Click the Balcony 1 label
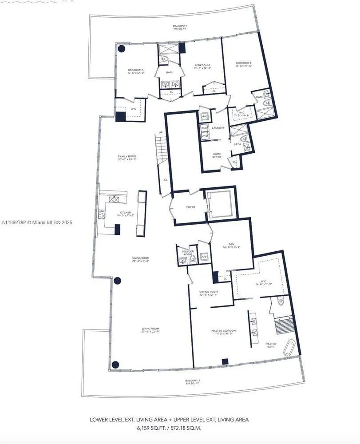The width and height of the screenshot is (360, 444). point(180,26)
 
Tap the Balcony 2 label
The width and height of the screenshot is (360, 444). point(193,381)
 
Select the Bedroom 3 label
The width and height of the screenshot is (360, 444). point(135,70)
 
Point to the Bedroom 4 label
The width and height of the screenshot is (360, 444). point(202,66)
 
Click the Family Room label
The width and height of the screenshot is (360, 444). point(127,157)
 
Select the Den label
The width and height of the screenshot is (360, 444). point(231,243)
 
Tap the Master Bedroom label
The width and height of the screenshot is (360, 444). point(223,331)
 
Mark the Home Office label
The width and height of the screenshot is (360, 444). point(217,155)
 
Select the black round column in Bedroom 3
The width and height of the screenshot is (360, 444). point(121,49)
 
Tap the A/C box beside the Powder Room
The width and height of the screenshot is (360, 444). point(204,257)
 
